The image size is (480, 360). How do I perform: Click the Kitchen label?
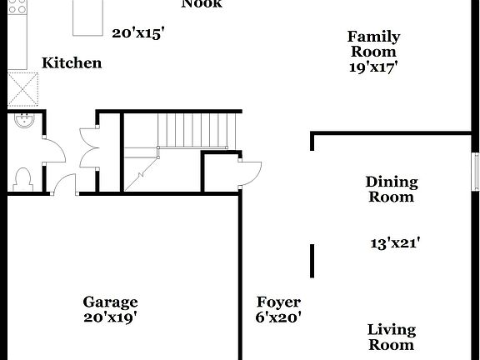pyautogui.click(x=72, y=62)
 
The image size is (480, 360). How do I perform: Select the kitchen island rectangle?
pyautogui.click(x=89, y=18)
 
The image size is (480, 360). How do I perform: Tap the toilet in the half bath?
pyautogui.click(x=23, y=178)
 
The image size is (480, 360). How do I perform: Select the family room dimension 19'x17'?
pyautogui.click(x=373, y=67)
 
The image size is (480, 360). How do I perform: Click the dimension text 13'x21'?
pyautogui.click(x=394, y=243)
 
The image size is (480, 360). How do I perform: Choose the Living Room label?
pyautogui.click(x=392, y=337)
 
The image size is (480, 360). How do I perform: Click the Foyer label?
pyautogui.click(x=277, y=302)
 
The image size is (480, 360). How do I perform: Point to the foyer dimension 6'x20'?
pyautogui.click(x=277, y=317)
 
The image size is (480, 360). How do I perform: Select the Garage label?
pyautogui.click(x=110, y=302)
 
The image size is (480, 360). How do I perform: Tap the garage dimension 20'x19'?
pyautogui.click(x=110, y=317)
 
